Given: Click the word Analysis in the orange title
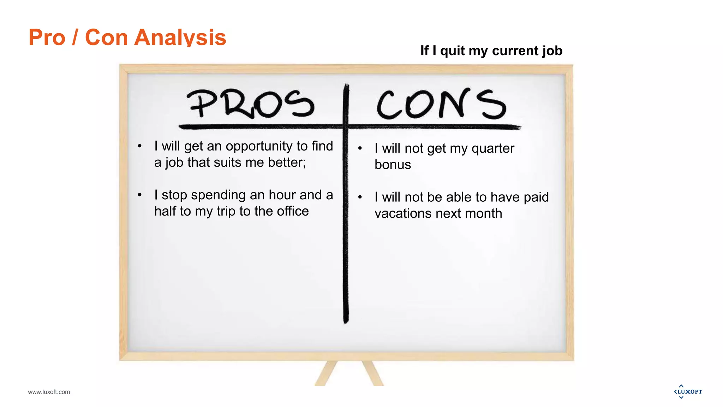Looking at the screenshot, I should tap(180, 37).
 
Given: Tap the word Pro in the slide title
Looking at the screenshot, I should tap(47, 37).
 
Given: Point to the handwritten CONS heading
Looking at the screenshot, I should tap(441, 104).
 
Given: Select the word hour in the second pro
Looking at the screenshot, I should tap(282, 195).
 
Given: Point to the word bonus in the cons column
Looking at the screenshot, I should tap(393, 165).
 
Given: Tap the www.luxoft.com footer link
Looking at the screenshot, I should tap(49, 392).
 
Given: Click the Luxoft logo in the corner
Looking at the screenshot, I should tap(688, 391).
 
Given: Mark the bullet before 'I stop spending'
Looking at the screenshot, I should tap(140, 195).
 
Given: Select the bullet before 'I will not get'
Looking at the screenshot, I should tap(360, 148).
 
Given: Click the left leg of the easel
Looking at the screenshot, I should tap(326, 373).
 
